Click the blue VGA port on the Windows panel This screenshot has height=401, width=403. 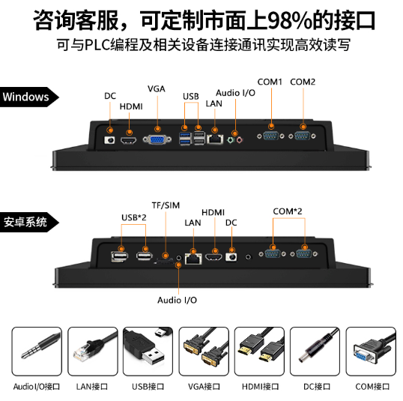(x=157, y=139)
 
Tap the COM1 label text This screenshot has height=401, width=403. (x=270, y=82)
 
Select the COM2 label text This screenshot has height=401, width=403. (x=303, y=82)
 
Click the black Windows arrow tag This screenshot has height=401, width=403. (x=29, y=97)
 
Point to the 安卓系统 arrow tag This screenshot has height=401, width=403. (x=29, y=222)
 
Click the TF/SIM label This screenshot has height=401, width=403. (x=166, y=205)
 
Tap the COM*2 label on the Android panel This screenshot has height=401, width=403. (x=288, y=211)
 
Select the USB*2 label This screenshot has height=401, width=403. (x=133, y=217)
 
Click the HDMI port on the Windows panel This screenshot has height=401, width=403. (x=129, y=140)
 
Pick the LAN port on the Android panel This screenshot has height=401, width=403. (x=193, y=259)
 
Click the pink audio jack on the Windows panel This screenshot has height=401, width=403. (x=239, y=140)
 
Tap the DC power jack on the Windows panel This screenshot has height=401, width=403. (x=109, y=140)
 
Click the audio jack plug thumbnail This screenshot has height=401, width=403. (x=37, y=352)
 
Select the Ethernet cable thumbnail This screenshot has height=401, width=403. (x=93, y=352)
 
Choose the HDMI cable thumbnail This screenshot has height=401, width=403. (x=259, y=352)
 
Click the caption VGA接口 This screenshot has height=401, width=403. (x=204, y=387)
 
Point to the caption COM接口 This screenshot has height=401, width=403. (x=372, y=387)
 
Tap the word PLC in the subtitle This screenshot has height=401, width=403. (x=97, y=45)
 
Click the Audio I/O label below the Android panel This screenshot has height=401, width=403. (x=177, y=300)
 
